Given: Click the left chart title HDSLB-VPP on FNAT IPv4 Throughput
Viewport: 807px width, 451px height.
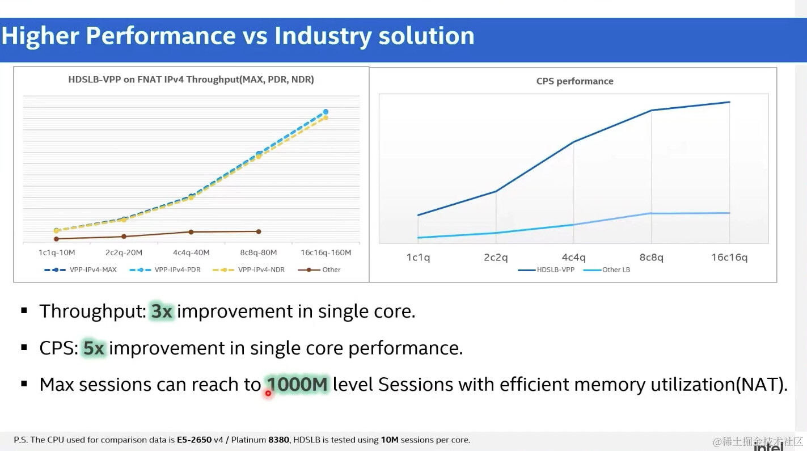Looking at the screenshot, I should [x=191, y=80].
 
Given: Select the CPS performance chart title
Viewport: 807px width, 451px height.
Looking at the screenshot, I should [x=574, y=81].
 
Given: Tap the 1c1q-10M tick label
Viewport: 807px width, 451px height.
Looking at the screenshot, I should [x=57, y=252].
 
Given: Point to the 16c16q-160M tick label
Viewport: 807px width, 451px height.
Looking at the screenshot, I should [x=326, y=252].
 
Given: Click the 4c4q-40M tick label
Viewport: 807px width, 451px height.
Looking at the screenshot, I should [x=191, y=252].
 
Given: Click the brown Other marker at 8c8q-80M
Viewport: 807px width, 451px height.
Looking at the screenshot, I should [x=259, y=231].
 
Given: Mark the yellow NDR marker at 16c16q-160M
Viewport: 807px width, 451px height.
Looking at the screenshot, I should [x=326, y=117].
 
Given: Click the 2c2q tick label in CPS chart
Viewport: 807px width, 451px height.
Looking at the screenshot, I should [x=496, y=258].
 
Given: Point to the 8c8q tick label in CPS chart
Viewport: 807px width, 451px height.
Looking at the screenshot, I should [x=651, y=258].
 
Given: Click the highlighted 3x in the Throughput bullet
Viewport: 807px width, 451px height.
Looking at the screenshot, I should [x=162, y=311].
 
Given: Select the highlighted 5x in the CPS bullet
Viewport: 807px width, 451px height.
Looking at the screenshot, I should [x=94, y=348].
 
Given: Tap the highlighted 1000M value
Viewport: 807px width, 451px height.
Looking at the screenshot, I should [x=297, y=384].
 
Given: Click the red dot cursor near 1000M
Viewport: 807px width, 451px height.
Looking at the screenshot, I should [x=268, y=393].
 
